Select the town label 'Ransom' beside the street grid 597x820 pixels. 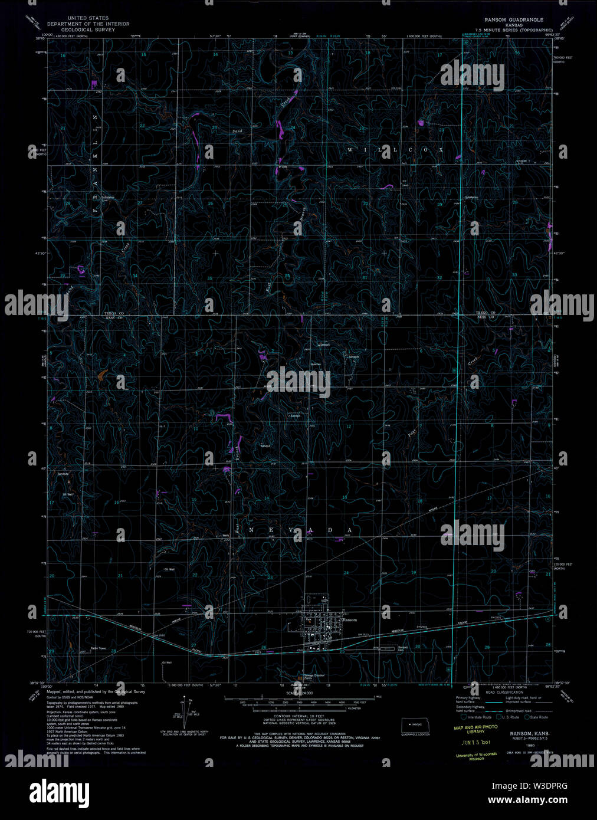click(x=349, y=620)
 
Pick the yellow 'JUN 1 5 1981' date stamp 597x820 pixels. click(x=476, y=742)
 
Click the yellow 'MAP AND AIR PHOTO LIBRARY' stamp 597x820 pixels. click(x=475, y=729)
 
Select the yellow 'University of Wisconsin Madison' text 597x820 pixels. click(x=476, y=756)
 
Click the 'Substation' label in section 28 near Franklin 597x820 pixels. click(x=108, y=198)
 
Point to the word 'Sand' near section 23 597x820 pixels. click(x=237, y=130)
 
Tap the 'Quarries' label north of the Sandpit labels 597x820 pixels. click(x=316, y=364)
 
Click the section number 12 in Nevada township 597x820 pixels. click(x=349, y=426)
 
